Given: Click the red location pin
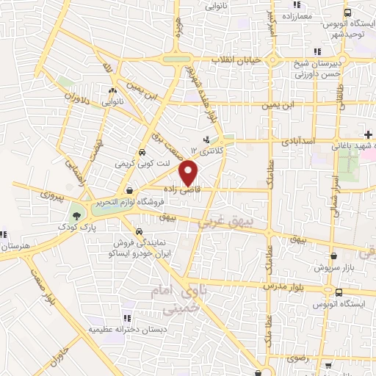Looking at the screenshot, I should pos(189,173).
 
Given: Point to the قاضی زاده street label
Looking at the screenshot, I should pos(193,189).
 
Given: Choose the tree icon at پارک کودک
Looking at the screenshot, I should pos(76,216).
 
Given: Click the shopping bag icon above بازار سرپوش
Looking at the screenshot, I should pos(336,256).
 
